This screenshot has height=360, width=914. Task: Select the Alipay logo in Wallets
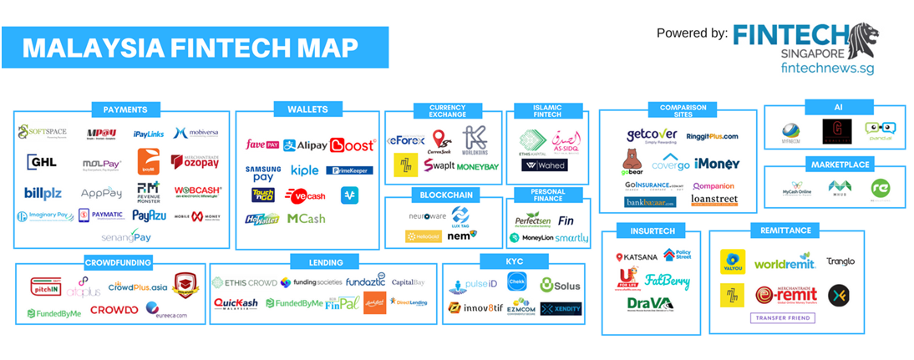(x=305, y=145)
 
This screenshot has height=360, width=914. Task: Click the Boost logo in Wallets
(x=353, y=145)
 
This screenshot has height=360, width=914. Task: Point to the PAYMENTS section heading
(x=125, y=109)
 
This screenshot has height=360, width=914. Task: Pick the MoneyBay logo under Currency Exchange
(x=477, y=167)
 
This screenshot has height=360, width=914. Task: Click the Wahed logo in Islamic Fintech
(x=543, y=165)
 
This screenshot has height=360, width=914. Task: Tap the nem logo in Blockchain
(x=462, y=236)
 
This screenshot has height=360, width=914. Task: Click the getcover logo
(x=651, y=135)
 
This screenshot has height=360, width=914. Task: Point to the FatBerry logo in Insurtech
(x=668, y=282)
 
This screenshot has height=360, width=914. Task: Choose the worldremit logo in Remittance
(x=784, y=263)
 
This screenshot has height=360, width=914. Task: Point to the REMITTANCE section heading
(x=784, y=228)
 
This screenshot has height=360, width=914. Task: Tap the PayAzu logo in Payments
(x=149, y=215)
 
